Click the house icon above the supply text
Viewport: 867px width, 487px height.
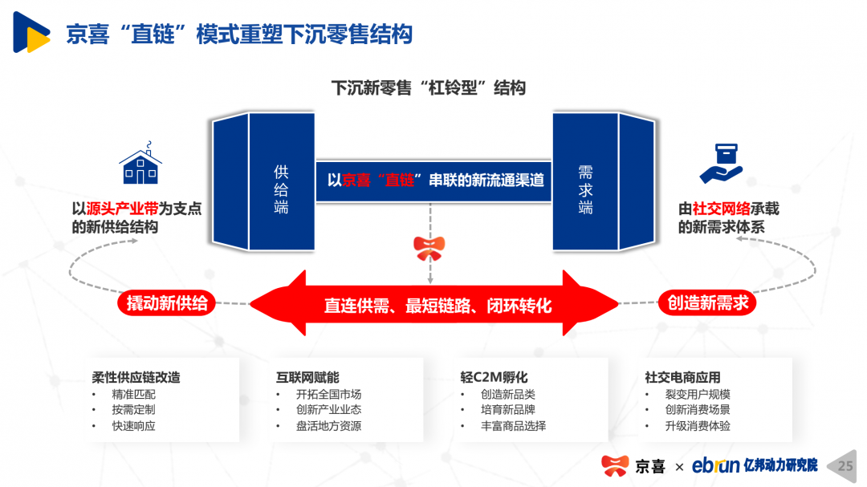click(140, 166)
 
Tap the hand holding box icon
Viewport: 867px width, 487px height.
click(720, 164)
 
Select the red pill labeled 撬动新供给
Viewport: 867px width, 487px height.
click(167, 302)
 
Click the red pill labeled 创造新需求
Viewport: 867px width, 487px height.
click(708, 302)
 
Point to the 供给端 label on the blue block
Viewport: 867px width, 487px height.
click(281, 189)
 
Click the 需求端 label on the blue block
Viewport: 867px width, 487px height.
click(585, 189)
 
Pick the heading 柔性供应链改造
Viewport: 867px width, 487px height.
click(136, 377)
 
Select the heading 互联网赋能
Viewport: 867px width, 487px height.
click(307, 377)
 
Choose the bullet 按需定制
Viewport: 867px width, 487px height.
click(134, 410)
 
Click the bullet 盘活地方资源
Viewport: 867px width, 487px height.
click(328, 426)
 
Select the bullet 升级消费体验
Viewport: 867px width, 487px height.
click(698, 426)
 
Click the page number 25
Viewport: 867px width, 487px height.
click(845, 466)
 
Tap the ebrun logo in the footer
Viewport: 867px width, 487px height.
click(714, 465)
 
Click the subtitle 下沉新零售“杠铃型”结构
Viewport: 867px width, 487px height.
click(428, 87)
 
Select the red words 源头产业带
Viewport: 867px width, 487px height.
click(122, 209)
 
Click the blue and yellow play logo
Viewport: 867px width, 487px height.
click(31, 33)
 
